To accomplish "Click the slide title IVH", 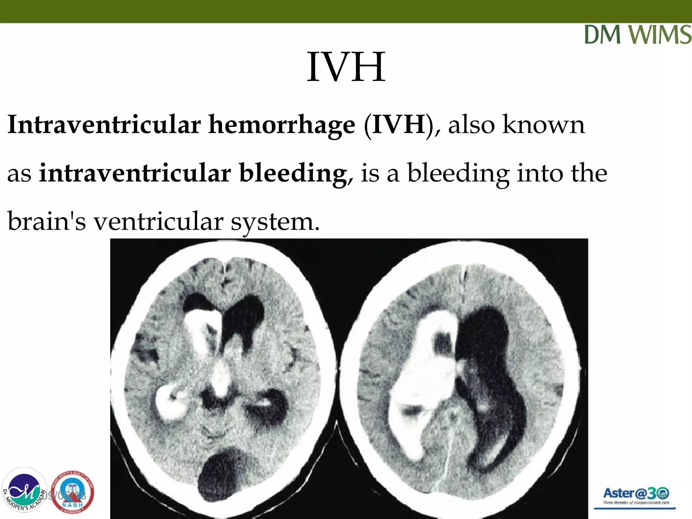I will [x=346, y=67].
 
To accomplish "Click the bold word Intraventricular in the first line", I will [x=104, y=125].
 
